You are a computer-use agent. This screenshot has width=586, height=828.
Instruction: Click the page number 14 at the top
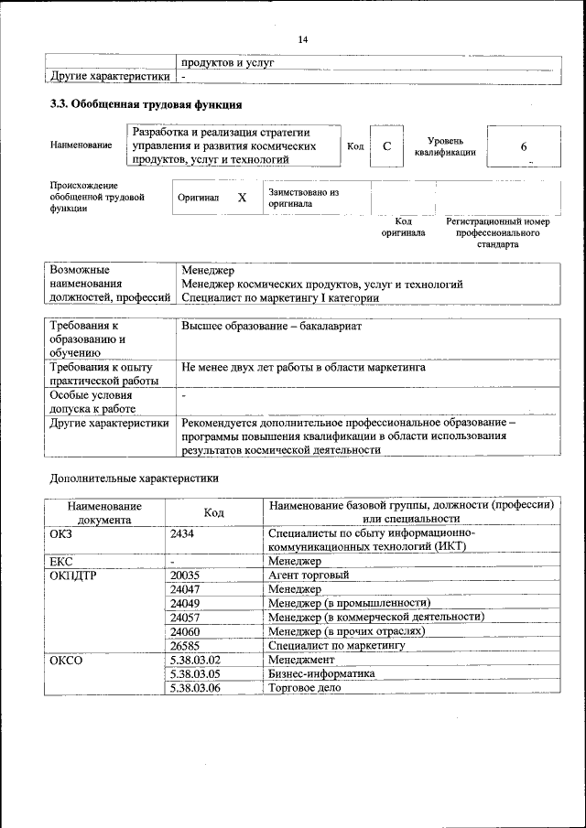pos(303,39)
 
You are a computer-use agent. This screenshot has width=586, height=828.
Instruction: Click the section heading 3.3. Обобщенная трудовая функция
pos(146,104)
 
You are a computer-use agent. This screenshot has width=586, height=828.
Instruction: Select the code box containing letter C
pos(387,146)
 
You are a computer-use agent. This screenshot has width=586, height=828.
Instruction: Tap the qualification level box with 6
pos(523,146)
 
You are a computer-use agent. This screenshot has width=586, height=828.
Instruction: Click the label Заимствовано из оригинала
pos(303,199)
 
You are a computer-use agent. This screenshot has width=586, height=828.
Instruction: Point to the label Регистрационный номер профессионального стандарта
pos(497,233)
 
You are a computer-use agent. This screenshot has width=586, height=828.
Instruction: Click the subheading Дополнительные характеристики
pos(135,478)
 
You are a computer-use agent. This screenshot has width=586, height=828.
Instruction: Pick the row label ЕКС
pos(61,561)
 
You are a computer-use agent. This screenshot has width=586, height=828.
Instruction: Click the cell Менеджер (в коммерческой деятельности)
pos(375,618)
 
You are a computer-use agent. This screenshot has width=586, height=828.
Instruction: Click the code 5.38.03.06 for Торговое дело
pos(196,687)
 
